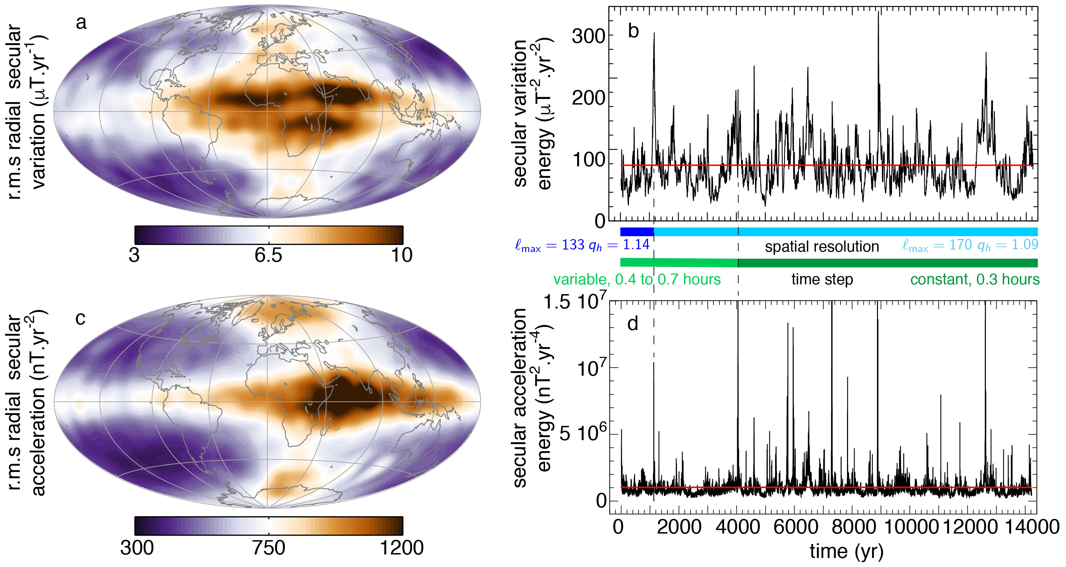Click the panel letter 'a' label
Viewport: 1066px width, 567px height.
tap(81, 23)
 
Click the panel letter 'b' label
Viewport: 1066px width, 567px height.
tap(633, 31)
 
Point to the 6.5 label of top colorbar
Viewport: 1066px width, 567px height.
tap(268, 255)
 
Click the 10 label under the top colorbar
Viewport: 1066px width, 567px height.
tap(401, 255)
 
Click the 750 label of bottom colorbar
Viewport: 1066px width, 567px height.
tap(269, 548)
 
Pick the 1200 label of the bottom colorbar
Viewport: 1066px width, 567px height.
tap(401, 548)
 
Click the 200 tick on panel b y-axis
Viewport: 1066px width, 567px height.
tap(589, 98)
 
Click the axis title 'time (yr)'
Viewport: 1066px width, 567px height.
tap(846, 552)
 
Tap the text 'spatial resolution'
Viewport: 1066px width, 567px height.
tap(822, 247)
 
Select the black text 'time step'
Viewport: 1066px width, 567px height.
tap(822, 279)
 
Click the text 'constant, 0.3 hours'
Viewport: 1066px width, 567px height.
tap(975, 279)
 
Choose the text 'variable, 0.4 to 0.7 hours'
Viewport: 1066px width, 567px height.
tap(637, 279)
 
